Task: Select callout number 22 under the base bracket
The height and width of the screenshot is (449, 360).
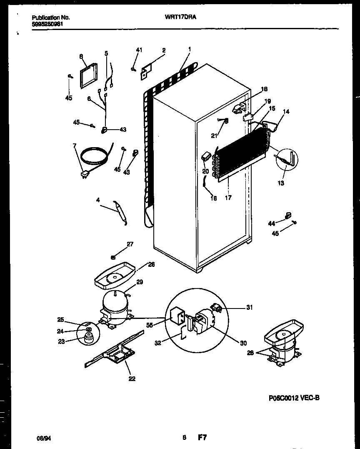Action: coord(132,379)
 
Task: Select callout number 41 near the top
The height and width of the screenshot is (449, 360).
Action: coord(139,50)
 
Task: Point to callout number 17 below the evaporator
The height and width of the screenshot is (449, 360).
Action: coord(228,198)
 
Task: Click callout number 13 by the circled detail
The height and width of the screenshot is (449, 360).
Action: coord(281,183)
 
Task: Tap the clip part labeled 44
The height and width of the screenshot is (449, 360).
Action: coord(287,215)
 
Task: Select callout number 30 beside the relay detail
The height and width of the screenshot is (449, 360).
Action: coord(243,343)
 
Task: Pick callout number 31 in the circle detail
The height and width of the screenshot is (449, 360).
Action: coord(249,308)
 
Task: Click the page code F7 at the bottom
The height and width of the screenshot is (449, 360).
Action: coord(202,438)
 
